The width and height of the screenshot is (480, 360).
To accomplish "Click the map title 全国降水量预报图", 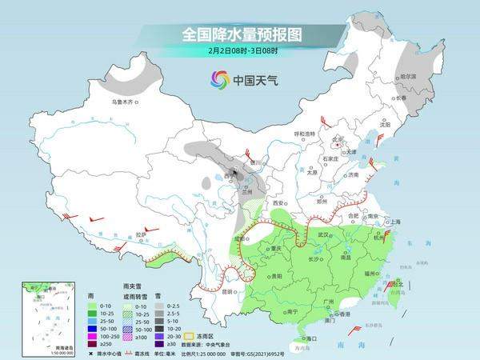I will (x=239, y=34).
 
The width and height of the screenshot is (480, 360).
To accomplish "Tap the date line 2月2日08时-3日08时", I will (x=239, y=50).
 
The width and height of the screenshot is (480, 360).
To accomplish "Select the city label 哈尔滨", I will (x=408, y=76).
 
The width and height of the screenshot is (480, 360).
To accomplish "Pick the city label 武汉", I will (x=323, y=234).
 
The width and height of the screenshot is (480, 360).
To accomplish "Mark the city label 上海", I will (x=394, y=222).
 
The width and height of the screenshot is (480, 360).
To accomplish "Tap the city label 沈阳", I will (x=385, y=125).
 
